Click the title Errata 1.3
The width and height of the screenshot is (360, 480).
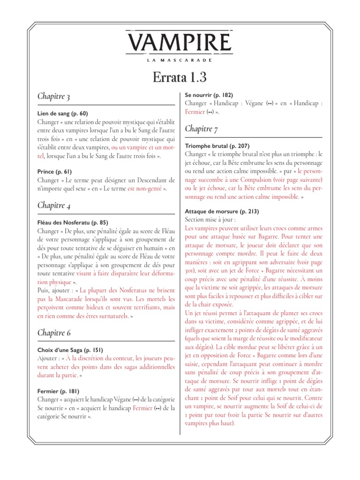pyautogui.click(x=180, y=76)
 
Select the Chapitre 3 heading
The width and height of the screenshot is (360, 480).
pyautogui.click(x=54, y=96)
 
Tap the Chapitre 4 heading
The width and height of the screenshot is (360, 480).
pyautogui.click(x=54, y=205)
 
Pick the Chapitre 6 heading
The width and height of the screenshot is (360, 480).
pyautogui.click(x=54, y=332)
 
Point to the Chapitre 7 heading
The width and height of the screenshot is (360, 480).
pyautogui.click(x=202, y=128)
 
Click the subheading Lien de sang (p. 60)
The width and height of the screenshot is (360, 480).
pyautogui.click(x=62, y=113)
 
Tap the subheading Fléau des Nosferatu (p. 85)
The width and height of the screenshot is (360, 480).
pyautogui.click(x=73, y=222)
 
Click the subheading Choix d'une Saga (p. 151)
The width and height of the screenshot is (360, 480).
pyautogui.click(x=70, y=350)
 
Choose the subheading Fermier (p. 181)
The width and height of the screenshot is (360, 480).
pyautogui.click(x=58, y=391)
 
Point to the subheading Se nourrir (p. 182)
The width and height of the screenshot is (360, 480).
pyautogui.click(x=207, y=95)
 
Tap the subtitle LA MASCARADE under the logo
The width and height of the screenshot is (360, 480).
pyautogui.click(x=180, y=60)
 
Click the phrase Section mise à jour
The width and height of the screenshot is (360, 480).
pyautogui.click(x=210, y=219)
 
